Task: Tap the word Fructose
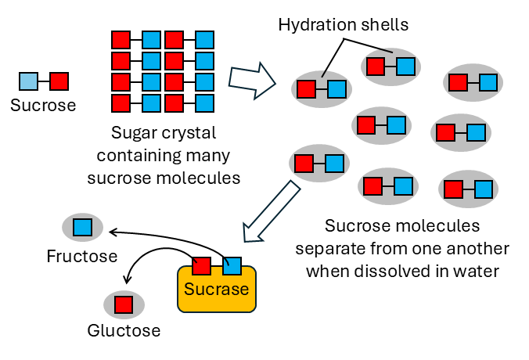[81, 256]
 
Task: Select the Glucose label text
[124, 330]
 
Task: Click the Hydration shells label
[343, 25]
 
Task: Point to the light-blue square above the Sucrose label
[28, 81]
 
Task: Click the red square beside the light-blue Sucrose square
[59, 81]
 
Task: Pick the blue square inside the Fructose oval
[82, 228]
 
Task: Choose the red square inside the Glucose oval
[124, 303]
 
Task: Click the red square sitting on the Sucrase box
[201, 265]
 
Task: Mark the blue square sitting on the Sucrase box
[232, 265]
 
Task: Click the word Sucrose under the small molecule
[43, 105]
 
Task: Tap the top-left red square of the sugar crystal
[121, 39]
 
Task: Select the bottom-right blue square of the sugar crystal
[204, 103]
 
